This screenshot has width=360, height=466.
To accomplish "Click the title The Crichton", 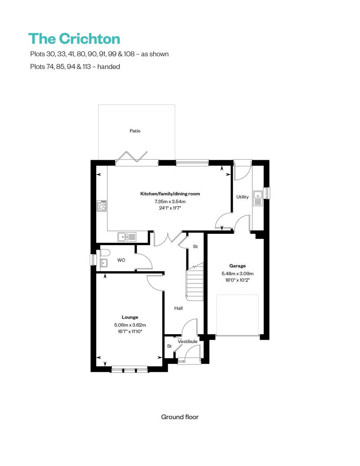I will [x=74, y=39].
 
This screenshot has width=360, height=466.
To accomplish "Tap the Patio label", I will [x=135, y=131].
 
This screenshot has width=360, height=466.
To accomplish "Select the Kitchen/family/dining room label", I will [x=170, y=194].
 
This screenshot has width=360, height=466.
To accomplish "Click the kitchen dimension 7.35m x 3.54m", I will [x=170, y=201].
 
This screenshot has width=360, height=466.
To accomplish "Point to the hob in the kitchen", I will [x=102, y=206].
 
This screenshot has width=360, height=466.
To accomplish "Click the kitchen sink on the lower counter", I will [x=126, y=236].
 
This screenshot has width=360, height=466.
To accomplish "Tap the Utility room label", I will [x=243, y=197].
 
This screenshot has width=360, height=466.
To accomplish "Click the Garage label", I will [x=237, y=266].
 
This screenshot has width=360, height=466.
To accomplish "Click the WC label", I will [x=121, y=260].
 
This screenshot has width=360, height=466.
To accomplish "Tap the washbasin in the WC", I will [x=103, y=263].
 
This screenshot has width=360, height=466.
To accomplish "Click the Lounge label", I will [x=130, y=317].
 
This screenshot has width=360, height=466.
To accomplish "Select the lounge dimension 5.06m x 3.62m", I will [x=130, y=324].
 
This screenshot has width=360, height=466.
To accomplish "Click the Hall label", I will [x=179, y=309].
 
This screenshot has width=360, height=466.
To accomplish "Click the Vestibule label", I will [x=187, y=342].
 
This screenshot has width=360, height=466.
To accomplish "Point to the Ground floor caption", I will [x=180, y=417].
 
